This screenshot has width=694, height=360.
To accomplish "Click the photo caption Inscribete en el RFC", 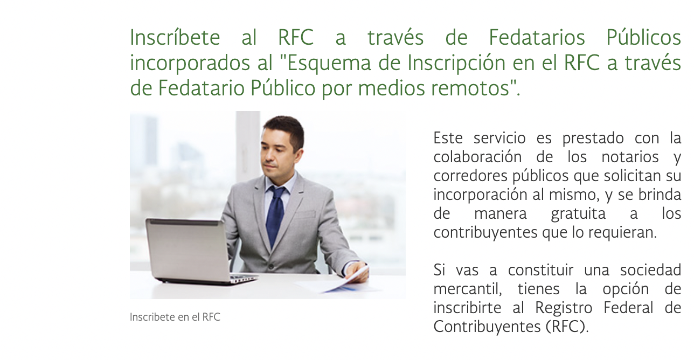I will point(175,317).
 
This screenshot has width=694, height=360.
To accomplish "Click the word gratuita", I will point(578,214).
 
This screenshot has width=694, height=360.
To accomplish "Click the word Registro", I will point(564,308).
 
